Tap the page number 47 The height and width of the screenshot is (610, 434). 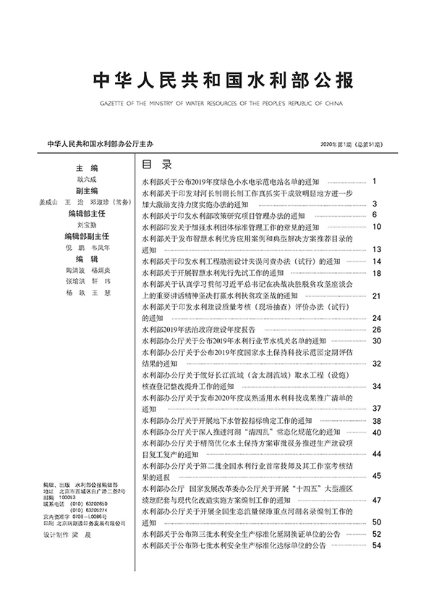point(376,500)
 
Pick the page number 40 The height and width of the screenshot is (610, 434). point(376,432)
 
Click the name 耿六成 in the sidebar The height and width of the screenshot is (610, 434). point(87,179)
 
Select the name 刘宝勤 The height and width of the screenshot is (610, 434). point(87,225)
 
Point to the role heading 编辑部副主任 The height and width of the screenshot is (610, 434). point(87,236)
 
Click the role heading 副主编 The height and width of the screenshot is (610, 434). point(87,191)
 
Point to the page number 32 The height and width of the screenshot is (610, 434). point(376,363)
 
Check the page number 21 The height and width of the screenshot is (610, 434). point(376,296)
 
